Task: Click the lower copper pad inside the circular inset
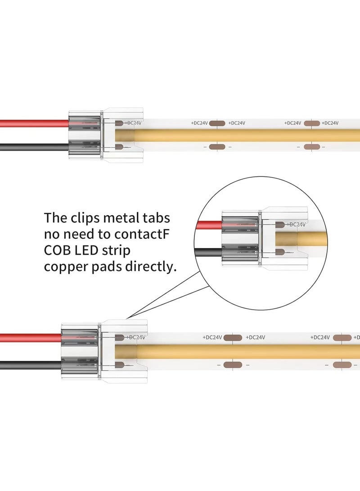click(x=280, y=252)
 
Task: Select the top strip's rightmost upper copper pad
click(x=311, y=123)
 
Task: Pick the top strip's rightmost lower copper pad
click(x=311, y=147)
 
